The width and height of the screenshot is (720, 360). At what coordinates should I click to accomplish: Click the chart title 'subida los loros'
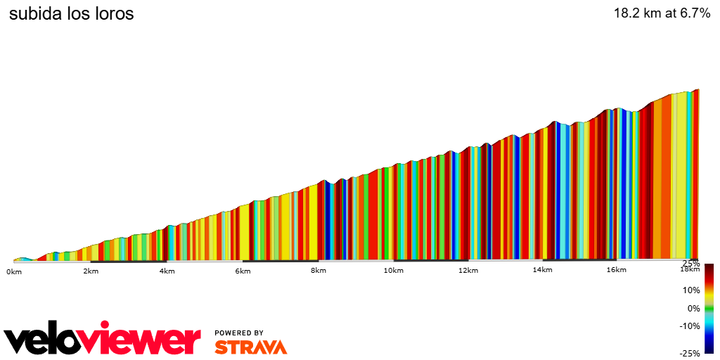(x=71, y=14)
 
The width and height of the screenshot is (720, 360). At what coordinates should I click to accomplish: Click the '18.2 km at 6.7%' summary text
(x=662, y=13)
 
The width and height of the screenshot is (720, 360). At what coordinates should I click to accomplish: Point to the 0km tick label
(x=14, y=271)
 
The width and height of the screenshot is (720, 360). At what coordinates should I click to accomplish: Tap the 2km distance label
(x=90, y=271)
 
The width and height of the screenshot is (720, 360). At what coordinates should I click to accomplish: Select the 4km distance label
(x=167, y=271)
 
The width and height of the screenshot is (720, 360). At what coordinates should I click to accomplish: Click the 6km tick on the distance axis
(x=243, y=271)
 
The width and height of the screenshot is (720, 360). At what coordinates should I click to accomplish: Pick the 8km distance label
(x=319, y=271)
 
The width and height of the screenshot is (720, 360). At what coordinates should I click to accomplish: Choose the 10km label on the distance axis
(x=393, y=271)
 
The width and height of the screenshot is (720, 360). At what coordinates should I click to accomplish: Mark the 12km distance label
(x=468, y=271)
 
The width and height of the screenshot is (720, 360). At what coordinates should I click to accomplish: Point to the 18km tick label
(x=689, y=269)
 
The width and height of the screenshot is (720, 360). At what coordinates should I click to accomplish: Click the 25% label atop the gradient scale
(x=690, y=264)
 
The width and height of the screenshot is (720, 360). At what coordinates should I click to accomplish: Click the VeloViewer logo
(x=102, y=340)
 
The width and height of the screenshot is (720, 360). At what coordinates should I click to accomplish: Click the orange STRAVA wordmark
(x=250, y=347)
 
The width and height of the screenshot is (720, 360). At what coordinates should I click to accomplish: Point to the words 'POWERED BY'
(x=239, y=333)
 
